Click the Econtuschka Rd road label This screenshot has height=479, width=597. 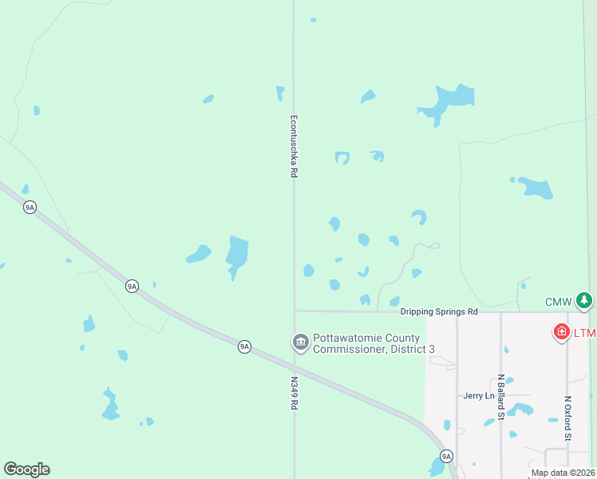(294, 144)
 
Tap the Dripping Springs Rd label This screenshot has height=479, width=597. (439, 311)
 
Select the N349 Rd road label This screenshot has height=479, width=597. (294, 394)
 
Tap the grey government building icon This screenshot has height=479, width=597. (300, 342)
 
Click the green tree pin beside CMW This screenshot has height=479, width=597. (585, 300)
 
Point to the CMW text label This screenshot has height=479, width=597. (559, 302)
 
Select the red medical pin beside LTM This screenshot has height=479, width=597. (562, 331)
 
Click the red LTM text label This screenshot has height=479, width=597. (585, 332)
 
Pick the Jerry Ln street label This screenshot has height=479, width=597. (479, 395)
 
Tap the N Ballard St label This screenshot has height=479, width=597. (501, 397)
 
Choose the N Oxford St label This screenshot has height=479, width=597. (567, 418)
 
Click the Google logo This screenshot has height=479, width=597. (26, 469)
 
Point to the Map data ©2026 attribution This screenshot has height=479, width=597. (563, 473)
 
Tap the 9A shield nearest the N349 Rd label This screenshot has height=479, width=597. (244, 346)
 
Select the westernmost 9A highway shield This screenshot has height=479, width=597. (30, 208)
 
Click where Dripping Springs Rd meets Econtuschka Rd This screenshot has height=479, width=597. (295, 311)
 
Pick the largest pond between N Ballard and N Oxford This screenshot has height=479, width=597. (520, 409)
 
